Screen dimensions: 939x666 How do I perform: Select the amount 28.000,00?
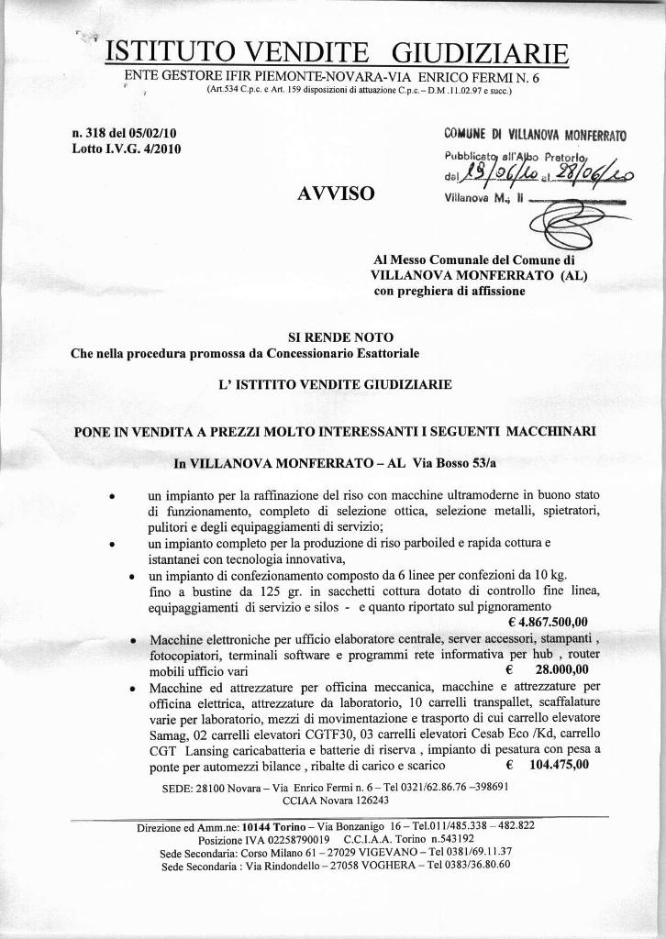561,669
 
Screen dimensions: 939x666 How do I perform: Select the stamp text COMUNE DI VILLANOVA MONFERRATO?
535,135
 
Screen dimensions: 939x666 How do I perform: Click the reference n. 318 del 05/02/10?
124,133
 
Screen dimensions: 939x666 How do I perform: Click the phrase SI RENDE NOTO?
333,336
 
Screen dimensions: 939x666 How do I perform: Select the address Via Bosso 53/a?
446,463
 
